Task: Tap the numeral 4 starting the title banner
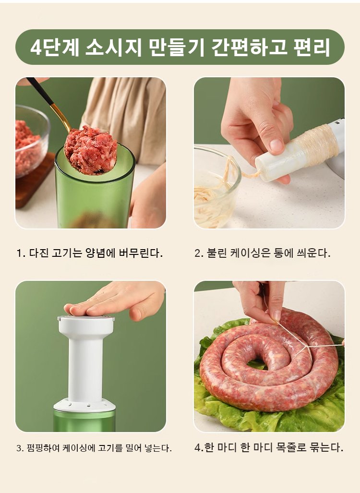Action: pos(36,48)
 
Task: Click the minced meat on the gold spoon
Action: pos(91,150)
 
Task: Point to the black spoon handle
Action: pos(40,91)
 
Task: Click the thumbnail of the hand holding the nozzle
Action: pos(276,145)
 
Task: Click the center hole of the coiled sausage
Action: pos(257,365)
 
